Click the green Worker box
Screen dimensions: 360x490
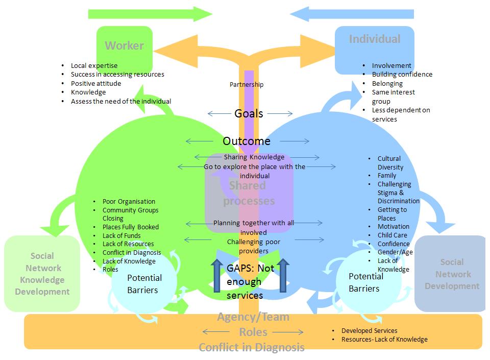coord(124,45)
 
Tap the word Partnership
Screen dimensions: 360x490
coord(247,85)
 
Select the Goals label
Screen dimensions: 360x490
coord(249,113)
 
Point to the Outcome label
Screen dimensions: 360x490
coord(247,141)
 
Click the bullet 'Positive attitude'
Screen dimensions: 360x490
coord(96,83)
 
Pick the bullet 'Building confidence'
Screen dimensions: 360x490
coord(402,75)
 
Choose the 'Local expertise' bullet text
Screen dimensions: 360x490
coord(94,66)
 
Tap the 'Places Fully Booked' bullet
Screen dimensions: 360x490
coord(131,227)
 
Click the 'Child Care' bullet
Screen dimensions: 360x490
coord(392,235)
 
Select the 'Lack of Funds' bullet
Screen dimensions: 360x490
coord(121,236)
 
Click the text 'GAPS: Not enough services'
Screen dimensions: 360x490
coord(250,281)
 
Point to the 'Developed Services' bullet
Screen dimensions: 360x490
coord(369,331)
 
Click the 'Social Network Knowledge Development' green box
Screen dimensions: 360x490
coord(42,274)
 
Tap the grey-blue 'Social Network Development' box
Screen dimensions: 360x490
coord(452,274)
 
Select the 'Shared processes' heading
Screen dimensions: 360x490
coord(248,193)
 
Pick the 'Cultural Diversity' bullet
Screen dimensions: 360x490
coord(390,163)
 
